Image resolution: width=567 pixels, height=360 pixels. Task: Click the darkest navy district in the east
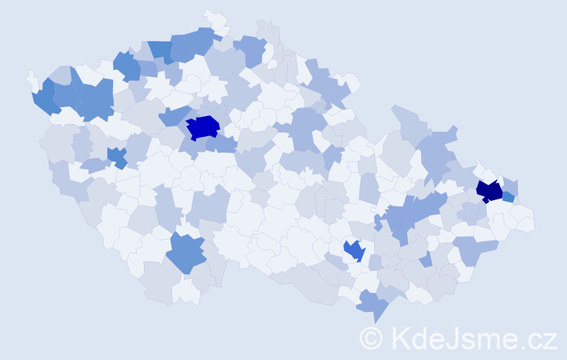pos(490,191)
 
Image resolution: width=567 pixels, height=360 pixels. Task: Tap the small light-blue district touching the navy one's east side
pos(508,197)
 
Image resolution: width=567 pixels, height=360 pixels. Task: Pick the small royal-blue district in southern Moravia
pos(353,250)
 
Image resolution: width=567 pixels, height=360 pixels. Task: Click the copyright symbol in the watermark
pos(371,338)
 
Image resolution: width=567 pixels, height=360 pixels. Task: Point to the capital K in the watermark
pos(400,338)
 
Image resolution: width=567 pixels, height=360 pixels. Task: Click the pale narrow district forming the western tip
pos(32,78)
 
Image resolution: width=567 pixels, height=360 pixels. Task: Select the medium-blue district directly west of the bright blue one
pos(173,115)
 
